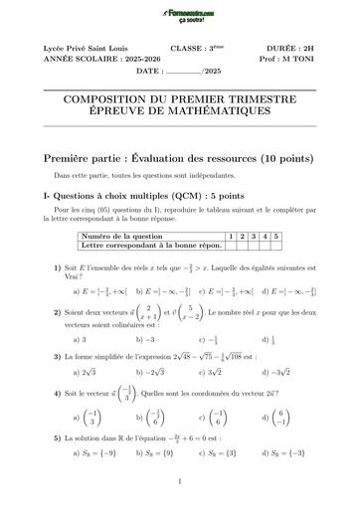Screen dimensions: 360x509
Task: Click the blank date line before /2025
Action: click(183, 73)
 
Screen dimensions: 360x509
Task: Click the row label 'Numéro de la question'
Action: click(120, 235)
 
